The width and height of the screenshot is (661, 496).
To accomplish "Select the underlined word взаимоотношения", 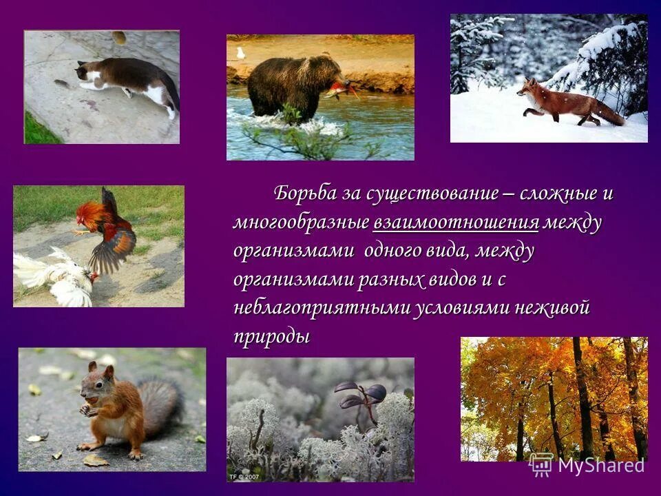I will point(456,223).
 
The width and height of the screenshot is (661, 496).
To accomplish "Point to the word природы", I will point(271,338).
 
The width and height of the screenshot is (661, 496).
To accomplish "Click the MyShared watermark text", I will point(600,465).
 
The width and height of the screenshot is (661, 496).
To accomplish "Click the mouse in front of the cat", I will point(61,83).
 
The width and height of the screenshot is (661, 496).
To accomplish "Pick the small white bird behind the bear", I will point(240,53).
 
